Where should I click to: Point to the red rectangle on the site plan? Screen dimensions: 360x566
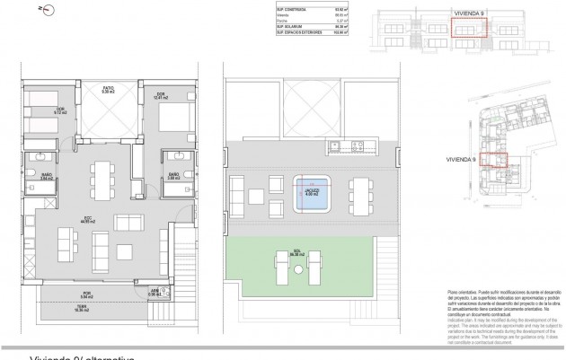(x=493, y=160)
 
